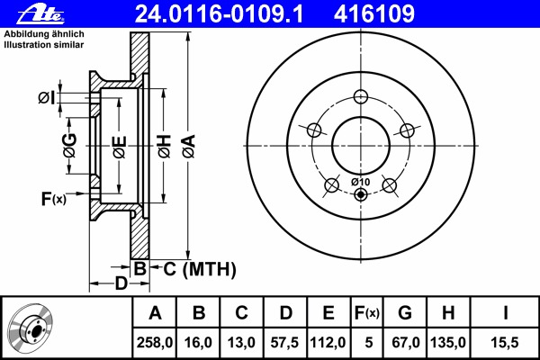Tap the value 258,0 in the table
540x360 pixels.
[x=155, y=342]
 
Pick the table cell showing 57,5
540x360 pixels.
[x=284, y=342]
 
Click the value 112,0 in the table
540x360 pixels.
[x=328, y=342]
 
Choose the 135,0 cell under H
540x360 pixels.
[x=451, y=342]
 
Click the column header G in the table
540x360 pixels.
[x=405, y=313]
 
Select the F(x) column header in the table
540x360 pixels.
[x=365, y=313]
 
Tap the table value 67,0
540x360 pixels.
[x=405, y=342]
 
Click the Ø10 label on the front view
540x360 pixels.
[x=359, y=183]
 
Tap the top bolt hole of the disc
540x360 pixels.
[x=361, y=97]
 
